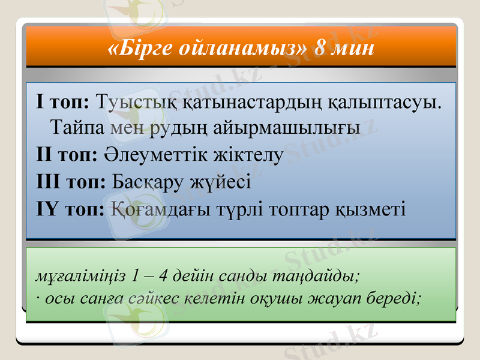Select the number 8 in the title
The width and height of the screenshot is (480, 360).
coord(320,48)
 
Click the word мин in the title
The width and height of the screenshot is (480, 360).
coord(353,48)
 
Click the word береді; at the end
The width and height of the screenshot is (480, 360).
coord(393,298)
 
